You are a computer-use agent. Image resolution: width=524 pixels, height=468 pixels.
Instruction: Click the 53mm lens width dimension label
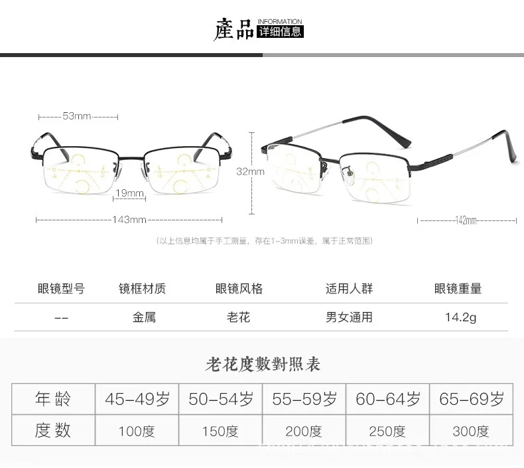pyautogui.click(x=77, y=116)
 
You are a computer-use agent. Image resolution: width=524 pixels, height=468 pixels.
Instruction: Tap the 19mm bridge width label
pyautogui.click(x=130, y=193)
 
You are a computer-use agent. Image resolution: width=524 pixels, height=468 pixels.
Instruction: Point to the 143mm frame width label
pyautogui.click(x=129, y=220)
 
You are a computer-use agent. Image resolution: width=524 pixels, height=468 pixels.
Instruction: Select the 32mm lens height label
pyautogui.click(x=251, y=171)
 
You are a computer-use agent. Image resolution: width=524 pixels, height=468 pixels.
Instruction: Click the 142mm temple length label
pyautogui.click(x=467, y=220)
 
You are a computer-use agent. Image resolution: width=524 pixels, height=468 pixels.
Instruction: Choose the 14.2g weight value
pyautogui.click(x=460, y=317)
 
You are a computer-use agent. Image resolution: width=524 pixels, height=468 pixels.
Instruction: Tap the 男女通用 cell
pyautogui.click(x=349, y=317)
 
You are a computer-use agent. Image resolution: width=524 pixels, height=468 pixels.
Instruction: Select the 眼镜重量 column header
pyautogui.click(x=458, y=289)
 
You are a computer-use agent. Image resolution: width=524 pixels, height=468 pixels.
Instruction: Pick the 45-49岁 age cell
pyautogui.click(x=137, y=399)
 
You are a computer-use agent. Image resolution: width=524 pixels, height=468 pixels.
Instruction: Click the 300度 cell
pyautogui.click(x=471, y=431)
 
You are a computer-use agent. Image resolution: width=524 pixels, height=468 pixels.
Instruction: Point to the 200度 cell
pyautogui.click(x=304, y=431)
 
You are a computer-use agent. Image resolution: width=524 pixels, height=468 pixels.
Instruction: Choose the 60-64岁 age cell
pyautogui.click(x=388, y=399)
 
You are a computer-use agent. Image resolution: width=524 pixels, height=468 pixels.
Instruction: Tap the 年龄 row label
pyautogui.click(x=53, y=399)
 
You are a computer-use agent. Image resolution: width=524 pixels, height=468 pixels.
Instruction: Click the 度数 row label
pyautogui.click(x=53, y=431)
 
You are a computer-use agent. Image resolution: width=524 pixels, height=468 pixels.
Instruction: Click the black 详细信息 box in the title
pyautogui.click(x=279, y=31)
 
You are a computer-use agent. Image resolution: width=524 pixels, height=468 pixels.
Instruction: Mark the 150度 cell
pyautogui.click(x=220, y=431)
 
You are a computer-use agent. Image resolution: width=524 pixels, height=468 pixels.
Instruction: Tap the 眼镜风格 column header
pyautogui.click(x=239, y=289)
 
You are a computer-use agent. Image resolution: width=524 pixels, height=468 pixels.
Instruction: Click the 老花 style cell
pyautogui.click(x=239, y=317)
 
